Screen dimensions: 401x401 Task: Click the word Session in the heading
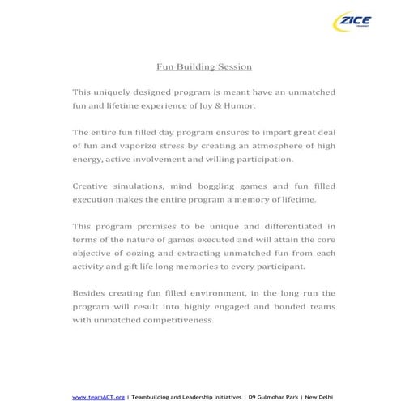coord(233,66)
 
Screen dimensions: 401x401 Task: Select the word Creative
coord(91,186)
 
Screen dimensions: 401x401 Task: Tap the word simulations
coord(148,186)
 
